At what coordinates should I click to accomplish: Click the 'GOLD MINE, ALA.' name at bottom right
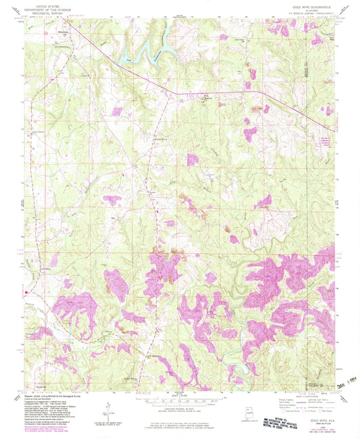click(311, 419)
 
